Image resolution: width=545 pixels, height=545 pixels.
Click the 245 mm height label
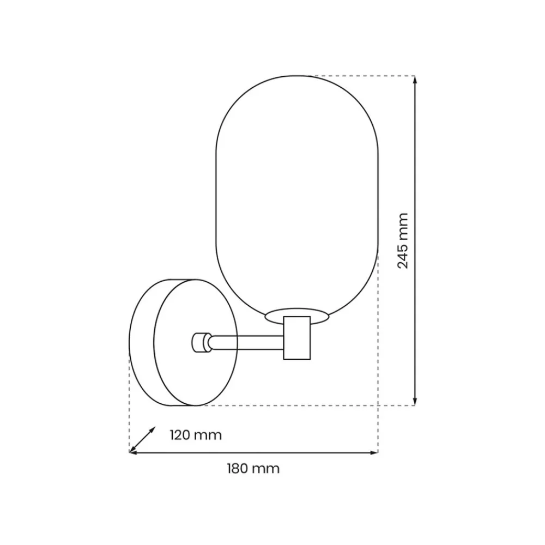click(403, 241)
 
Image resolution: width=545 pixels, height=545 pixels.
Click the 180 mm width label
click(253, 469)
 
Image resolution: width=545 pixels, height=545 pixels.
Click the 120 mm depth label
click(196, 435)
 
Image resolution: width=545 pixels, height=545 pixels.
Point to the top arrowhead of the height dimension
click(415, 80)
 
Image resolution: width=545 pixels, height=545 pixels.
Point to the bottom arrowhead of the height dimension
click(415, 401)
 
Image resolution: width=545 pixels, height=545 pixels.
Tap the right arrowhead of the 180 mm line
click(374, 452)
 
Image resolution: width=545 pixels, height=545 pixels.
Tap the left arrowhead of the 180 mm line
click(134, 452)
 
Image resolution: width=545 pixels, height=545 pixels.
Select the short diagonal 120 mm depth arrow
click(142, 440)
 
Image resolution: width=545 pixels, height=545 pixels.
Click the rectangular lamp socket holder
click(297, 338)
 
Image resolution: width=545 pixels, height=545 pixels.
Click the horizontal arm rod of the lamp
click(247, 343)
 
